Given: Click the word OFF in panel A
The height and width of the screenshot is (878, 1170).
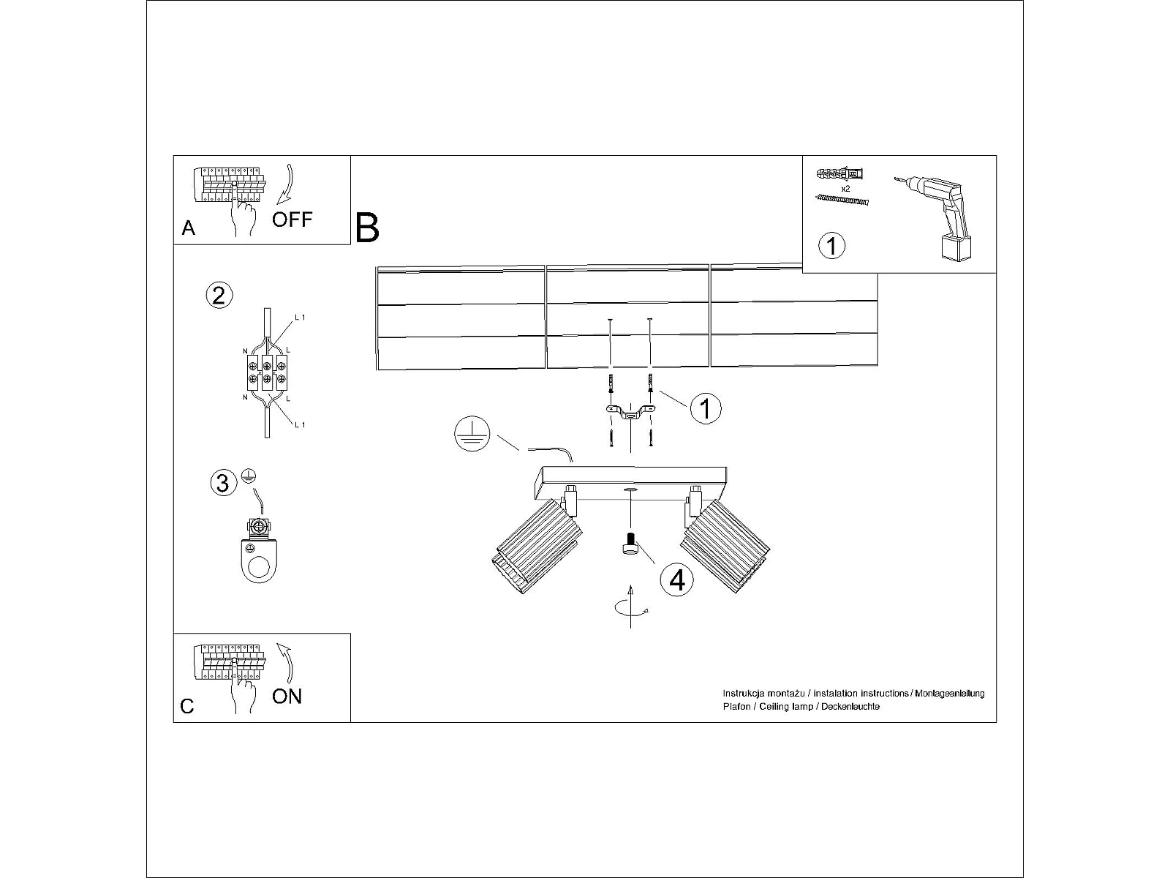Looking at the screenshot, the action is [x=292, y=219].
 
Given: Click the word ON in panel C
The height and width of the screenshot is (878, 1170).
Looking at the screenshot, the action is [x=287, y=697].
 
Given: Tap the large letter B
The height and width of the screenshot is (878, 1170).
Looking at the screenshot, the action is [x=367, y=228].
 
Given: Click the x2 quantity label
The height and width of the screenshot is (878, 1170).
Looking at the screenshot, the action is [x=845, y=189].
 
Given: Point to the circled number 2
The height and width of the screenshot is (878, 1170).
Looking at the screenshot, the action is [x=219, y=296].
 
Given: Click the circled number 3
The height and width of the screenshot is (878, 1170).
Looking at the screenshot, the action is [x=223, y=483].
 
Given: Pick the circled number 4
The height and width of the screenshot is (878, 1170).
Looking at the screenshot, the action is [x=677, y=579].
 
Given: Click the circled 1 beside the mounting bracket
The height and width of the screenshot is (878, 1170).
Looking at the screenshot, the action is [x=706, y=409].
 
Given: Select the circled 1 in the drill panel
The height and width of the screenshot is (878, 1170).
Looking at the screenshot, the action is [x=831, y=246].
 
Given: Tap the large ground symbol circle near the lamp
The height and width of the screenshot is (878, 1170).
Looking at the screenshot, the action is [x=472, y=433].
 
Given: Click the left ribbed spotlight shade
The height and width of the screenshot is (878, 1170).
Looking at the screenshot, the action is [x=537, y=547].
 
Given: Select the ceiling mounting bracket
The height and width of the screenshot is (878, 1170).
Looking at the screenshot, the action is [x=630, y=412].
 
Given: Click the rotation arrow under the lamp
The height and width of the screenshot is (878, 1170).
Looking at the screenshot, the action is [x=631, y=608].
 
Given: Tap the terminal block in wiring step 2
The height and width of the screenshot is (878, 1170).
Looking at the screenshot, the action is [x=267, y=372].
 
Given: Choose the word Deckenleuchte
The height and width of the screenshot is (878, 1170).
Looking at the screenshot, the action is [x=850, y=707].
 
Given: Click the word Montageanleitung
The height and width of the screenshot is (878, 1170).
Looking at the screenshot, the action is [x=950, y=694].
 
